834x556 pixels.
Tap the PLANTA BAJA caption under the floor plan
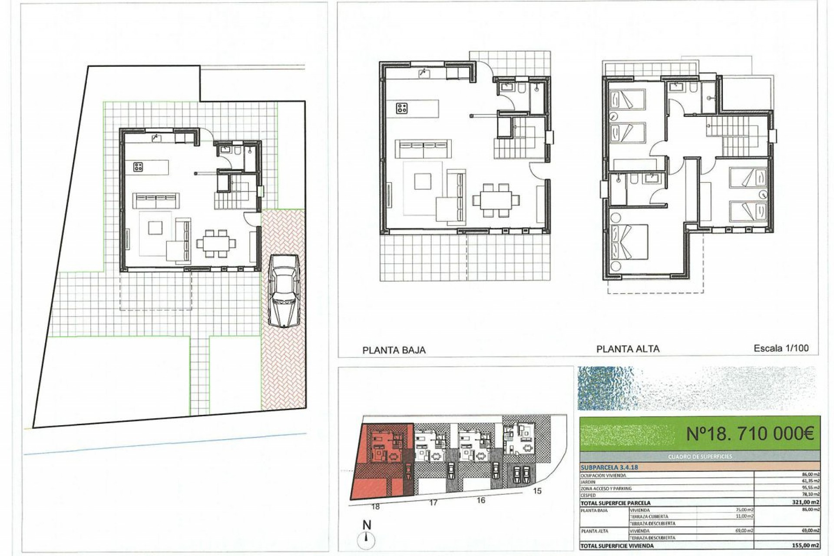tap(394, 350)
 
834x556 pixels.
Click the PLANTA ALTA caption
tap(628, 348)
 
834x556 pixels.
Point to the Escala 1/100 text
tap(781, 348)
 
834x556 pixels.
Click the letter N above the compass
tap(367, 525)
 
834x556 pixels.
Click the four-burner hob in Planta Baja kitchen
tap(402, 108)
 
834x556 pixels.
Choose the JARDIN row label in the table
tap(588, 481)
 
